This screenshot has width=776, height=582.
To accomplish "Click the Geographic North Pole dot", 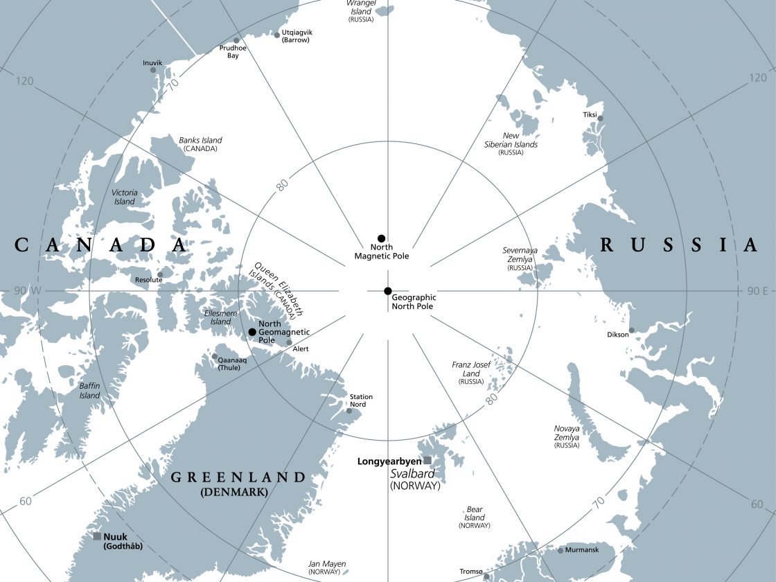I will (388, 291).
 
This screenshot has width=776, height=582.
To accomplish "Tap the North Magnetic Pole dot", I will (381, 238).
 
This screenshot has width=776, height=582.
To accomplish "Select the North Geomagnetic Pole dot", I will (252, 332).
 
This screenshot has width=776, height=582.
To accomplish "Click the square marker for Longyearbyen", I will (427, 460).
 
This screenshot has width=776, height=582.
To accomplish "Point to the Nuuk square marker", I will (98, 536).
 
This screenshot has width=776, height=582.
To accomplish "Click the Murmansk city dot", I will (561, 550).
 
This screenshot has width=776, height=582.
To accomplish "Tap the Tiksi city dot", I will (600, 118).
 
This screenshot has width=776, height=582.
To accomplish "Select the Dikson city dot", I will (631, 330).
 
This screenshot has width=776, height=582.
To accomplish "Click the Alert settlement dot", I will (290, 342).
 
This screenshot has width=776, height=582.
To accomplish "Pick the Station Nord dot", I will (349, 411).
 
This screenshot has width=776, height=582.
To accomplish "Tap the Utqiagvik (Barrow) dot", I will (277, 35).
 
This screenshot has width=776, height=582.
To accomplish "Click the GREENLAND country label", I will (238, 477).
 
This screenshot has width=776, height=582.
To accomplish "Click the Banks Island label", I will (200, 141).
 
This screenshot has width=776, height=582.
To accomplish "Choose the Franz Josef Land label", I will (471, 369).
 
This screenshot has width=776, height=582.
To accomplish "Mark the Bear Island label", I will (475, 513).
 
